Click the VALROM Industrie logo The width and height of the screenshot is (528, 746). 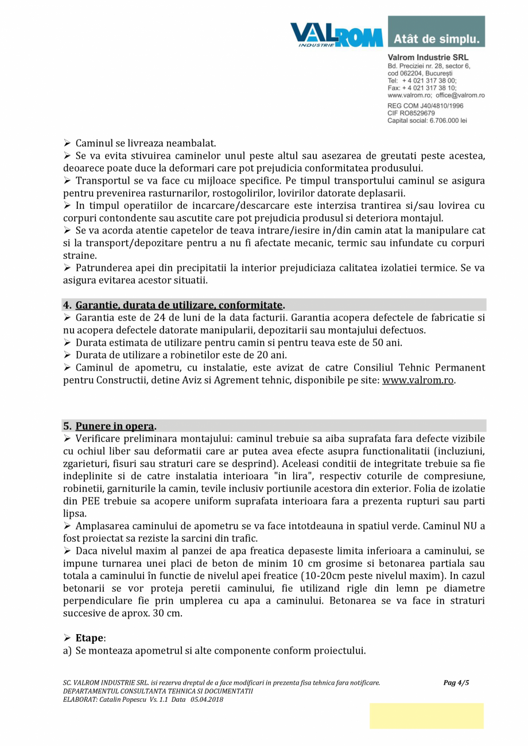pyautogui.click(x=336, y=34)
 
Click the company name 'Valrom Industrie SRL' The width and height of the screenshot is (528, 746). pyautogui.click(x=428, y=58)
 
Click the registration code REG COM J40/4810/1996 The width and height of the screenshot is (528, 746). pyautogui.click(x=425, y=106)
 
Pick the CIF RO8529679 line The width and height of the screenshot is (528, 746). pyautogui.click(x=411, y=114)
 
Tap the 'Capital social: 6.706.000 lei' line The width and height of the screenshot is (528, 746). pyautogui.click(x=427, y=121)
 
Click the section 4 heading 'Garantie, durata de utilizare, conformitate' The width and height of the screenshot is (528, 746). pyautogui.click(x=179, y=305)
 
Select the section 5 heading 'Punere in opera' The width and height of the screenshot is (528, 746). pyautogui.click(x=115, y=426)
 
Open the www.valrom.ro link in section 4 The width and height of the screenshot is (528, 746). pyautogui.click(x=418, y=380)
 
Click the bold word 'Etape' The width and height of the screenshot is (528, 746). pyautogui.click(x=90, y=638)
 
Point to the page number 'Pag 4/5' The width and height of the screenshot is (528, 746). pyautogui.click(x=456, y=683)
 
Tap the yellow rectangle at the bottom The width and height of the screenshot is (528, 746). pyautogui.click(x=426, y=716)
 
